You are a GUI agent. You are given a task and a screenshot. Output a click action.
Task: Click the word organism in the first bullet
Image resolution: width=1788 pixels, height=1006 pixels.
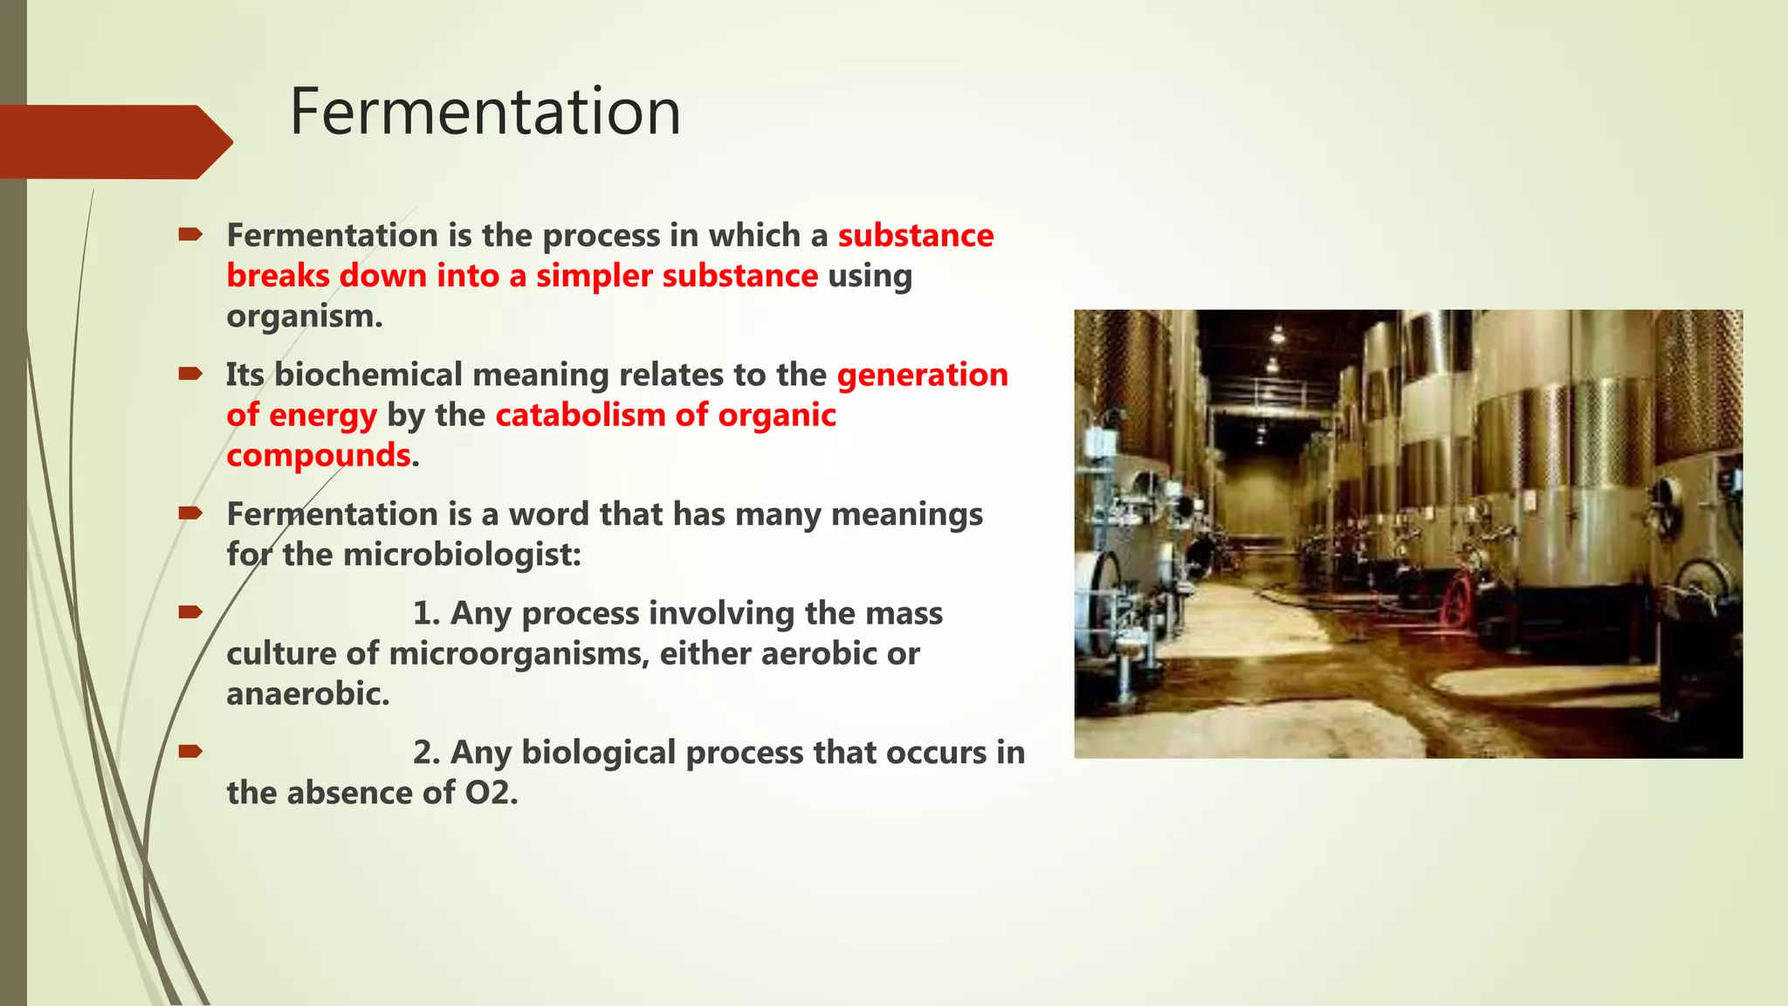pos(303,316)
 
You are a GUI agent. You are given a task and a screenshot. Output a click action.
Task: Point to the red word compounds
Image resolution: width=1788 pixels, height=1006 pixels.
pos(318,456)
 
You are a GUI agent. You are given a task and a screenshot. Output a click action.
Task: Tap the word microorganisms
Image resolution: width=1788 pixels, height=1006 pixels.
pos(519,653)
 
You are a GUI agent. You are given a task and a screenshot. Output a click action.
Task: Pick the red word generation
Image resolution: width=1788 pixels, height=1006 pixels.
pos(922,375)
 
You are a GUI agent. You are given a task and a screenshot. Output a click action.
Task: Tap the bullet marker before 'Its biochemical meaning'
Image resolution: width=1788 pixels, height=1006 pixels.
pos(190,374)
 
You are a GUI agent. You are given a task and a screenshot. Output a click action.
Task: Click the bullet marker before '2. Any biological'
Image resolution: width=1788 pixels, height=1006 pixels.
pos(190,751)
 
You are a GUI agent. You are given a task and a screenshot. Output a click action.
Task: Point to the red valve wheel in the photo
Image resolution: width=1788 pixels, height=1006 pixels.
pos(1455,602)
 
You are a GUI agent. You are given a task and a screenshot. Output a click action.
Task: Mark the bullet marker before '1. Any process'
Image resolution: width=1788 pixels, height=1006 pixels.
pos(190,612)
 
